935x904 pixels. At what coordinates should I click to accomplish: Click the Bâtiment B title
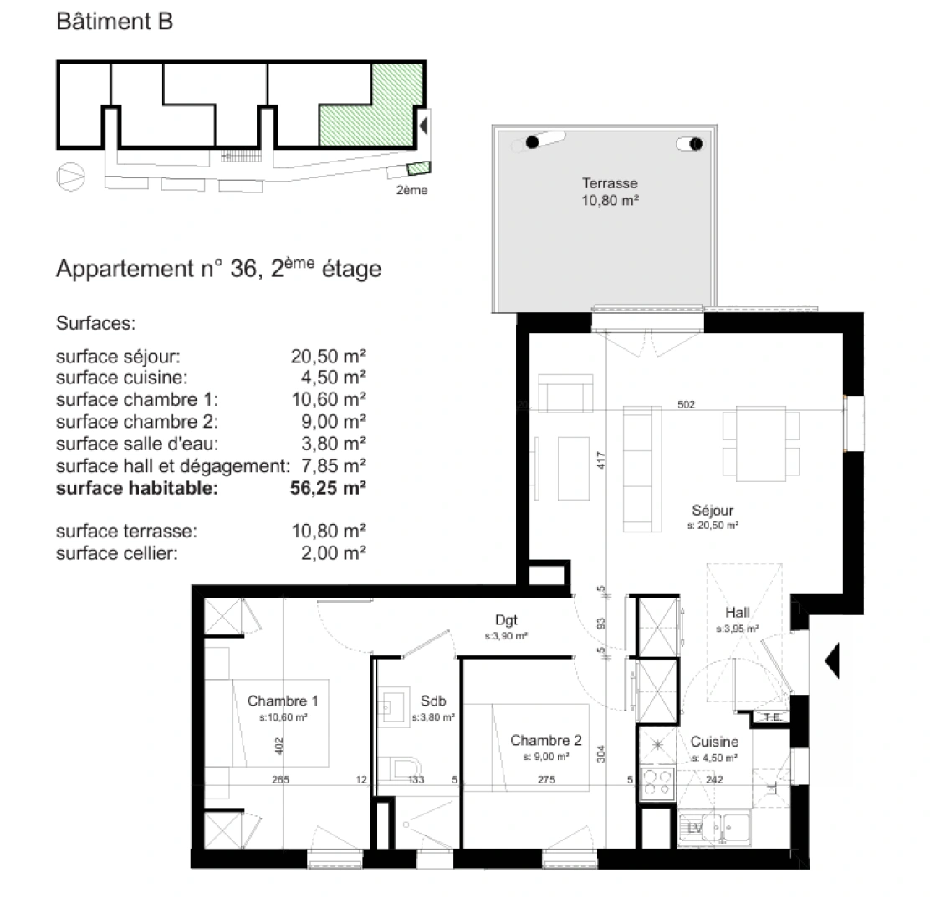tap(115, 23)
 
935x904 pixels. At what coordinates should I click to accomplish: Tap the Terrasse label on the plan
tap(610, 183)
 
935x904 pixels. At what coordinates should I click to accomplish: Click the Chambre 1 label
tap(283, 701)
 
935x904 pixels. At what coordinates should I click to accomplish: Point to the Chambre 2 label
tap(545, 740)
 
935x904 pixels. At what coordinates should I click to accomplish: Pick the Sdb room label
tap(432, 701)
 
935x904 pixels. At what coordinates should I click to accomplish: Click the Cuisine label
tap(714, 742)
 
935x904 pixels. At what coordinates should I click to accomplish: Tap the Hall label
tap(737, 613)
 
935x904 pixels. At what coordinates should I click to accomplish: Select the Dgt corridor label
tap(506, 620)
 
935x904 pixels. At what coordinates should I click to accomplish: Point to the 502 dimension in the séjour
tap(687, 405)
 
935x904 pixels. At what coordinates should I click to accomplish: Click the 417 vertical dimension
tap(600, 460)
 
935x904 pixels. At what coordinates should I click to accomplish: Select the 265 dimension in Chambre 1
tap(280, 780)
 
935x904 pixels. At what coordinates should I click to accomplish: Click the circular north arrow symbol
tap(70, 177)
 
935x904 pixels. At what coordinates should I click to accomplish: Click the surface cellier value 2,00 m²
tap(334, 553)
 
